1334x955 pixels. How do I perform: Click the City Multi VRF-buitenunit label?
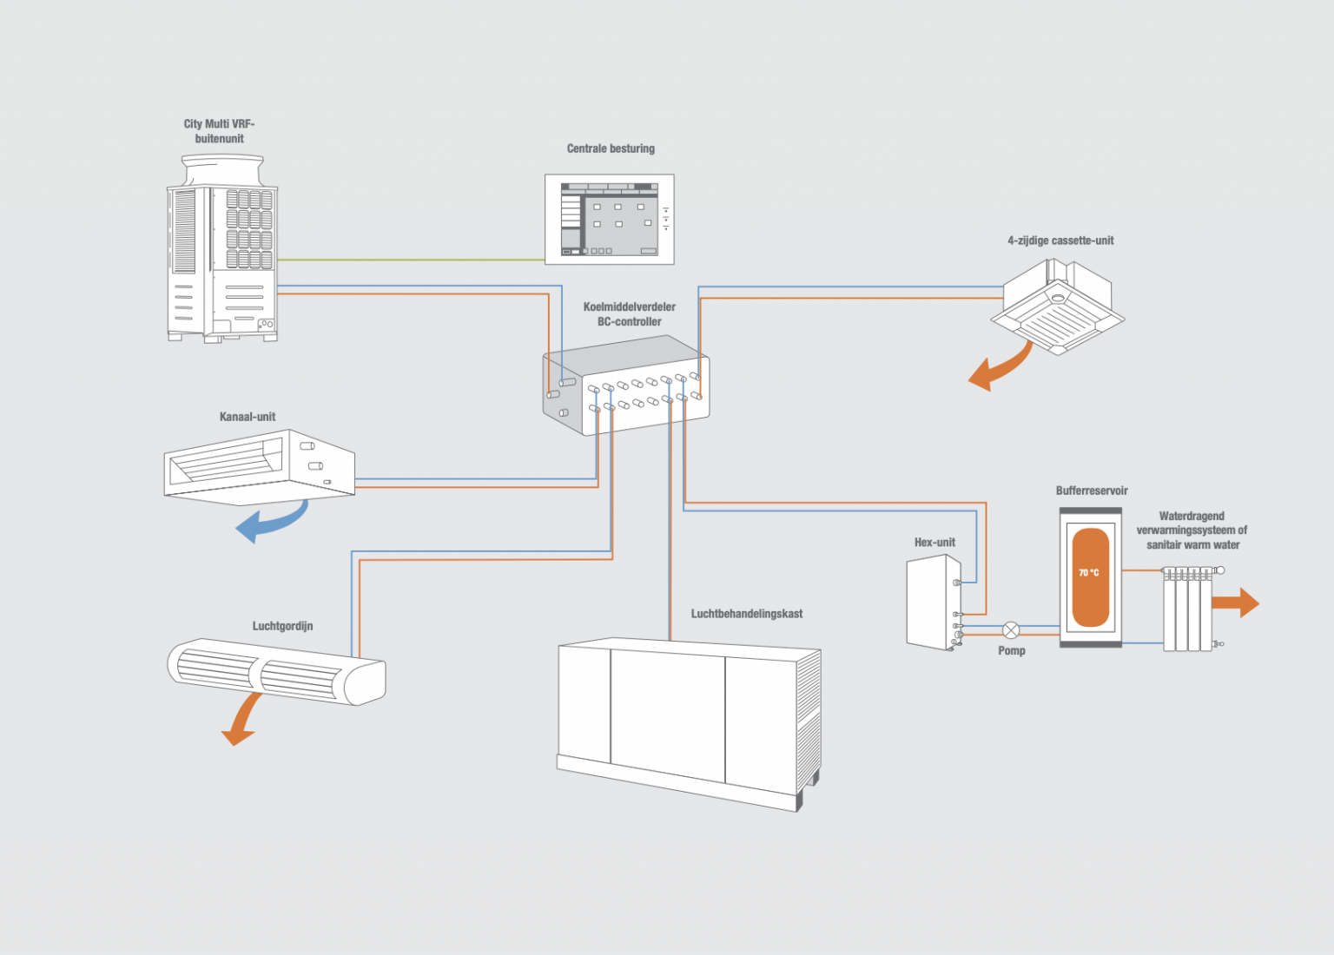click(219, 131)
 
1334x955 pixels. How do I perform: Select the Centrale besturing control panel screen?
click(609, 220)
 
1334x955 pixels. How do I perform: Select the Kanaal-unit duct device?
click(259, 466)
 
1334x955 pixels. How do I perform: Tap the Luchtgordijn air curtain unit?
click(276, 671)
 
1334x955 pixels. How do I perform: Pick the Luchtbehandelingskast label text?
click(746, 614)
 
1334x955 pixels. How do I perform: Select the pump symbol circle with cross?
click(1011, 630)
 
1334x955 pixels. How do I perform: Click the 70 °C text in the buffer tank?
click(1089, 573)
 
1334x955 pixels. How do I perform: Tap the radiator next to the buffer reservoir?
click(1187, 609)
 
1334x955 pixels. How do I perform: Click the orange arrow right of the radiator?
click(1237, 603)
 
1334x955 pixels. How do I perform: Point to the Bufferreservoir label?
click(1092, 491)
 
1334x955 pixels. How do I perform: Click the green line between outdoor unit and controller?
click(408, 260)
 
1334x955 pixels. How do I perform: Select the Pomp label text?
click(1011, 650)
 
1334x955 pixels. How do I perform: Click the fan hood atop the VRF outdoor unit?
click(221, 169)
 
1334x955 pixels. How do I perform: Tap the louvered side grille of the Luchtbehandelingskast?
click(808, 721)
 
